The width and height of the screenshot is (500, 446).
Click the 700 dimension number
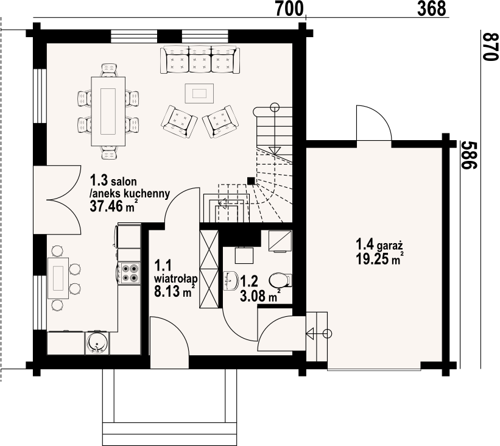point(289,9)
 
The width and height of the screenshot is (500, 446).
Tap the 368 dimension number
point(431,9)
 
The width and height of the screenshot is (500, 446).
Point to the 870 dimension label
point(490,46)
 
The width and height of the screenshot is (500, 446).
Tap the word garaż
point(390,246)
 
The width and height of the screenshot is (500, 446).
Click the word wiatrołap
point(176,278)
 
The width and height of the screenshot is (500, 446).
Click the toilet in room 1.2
point(280,280)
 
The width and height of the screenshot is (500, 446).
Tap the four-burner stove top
point(129,273)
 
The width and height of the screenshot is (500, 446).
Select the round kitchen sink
point(97,344)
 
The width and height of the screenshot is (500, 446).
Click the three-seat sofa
point(200,60)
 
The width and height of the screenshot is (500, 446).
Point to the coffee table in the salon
point(199,93)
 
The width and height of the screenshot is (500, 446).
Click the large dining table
point(108,111)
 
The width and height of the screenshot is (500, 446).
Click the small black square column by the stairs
point(251,181)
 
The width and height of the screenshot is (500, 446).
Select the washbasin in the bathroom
point(231,281)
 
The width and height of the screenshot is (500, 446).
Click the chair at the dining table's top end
point(110,70)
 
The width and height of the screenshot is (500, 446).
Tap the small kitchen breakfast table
point(58,278)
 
